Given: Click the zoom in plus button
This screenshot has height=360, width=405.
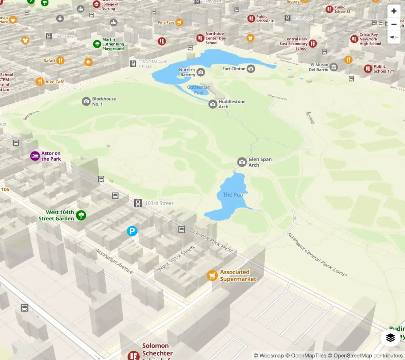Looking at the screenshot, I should (394, 11).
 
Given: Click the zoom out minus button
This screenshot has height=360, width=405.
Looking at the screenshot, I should (394, 24).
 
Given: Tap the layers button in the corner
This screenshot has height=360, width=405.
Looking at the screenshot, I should (390, 337).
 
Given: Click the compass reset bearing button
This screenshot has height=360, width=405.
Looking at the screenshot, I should (394, 37).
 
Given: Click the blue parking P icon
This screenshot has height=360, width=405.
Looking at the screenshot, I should (132, 231).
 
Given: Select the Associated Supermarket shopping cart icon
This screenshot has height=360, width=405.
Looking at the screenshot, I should (212, 275).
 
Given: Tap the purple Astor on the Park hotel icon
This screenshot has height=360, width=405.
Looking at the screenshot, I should (35, 156).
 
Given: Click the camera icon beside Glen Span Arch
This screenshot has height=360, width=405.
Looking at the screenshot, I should (242, 162).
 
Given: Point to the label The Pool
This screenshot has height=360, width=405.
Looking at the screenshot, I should (234, 195).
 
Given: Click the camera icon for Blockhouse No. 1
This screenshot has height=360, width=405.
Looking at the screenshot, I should (86, 101).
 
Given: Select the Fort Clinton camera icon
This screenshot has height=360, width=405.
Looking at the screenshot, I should (251, 69).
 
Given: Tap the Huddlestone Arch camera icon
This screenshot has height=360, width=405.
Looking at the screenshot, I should (213, 104).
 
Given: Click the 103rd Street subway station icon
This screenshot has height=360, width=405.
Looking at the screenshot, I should (138, 203).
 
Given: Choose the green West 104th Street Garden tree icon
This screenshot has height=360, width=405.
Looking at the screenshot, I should (81, 215).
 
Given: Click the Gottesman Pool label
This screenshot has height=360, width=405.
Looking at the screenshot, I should (199, 90).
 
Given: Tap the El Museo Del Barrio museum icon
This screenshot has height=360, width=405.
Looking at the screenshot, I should (334, 67).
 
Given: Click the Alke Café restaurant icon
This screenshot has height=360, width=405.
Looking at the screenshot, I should (40, 82).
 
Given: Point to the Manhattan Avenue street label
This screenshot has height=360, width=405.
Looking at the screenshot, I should (114, 261).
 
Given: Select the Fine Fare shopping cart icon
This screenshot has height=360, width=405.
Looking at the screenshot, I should (180, 23).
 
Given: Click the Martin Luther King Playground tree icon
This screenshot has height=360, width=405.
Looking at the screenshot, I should (97, 44).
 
